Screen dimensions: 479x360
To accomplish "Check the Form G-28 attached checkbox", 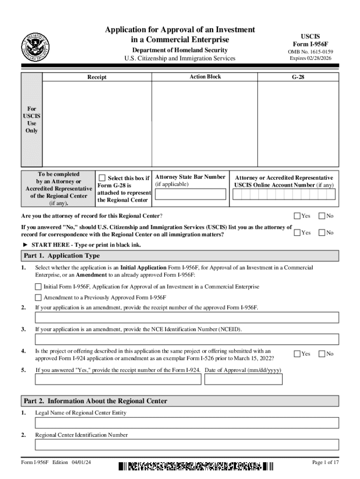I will pos(102,178).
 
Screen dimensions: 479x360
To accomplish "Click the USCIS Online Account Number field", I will pos(284,194).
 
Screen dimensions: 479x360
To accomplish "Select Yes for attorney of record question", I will pos(297,216).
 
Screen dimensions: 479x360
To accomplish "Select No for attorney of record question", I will pos(322,216).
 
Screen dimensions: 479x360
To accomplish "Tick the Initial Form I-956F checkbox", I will pos(38,286).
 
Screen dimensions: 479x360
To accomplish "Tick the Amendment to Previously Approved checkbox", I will pos(38,298).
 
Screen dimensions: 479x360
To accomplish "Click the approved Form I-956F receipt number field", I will pos(187,318).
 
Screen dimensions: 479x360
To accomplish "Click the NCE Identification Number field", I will pos(187,340).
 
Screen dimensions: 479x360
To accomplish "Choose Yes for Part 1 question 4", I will pos(297,354).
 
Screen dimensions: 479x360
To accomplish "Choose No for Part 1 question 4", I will pos(322,354).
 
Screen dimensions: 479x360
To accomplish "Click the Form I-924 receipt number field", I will pos(118,379).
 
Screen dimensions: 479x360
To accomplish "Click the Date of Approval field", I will pos(244,379).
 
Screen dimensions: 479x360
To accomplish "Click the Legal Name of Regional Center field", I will pos(187,423).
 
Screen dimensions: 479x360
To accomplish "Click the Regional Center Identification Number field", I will pos(187,444).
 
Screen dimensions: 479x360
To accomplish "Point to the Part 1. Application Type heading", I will pos(62,256).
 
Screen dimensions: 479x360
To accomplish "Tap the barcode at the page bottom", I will pos(195,466).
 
